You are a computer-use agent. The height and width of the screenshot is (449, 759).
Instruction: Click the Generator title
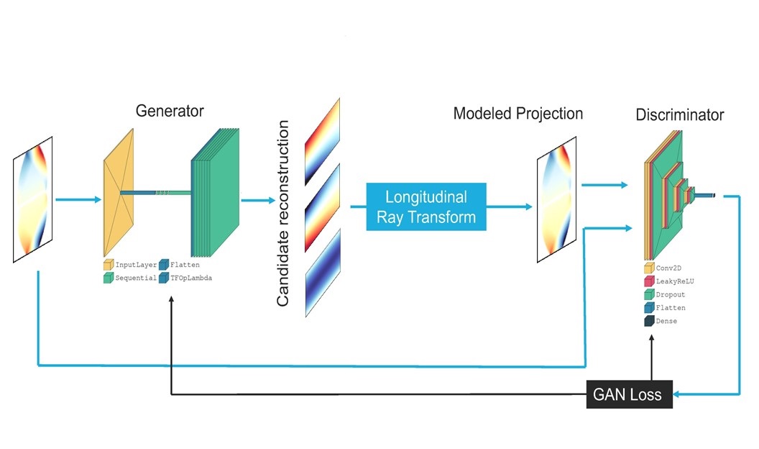point(170,111)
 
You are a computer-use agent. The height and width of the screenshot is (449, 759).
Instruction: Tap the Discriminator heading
point(680,115)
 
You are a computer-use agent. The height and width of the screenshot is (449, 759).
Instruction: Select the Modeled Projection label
point(518,114)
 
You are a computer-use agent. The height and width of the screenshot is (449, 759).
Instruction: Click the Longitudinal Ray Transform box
point(426,207)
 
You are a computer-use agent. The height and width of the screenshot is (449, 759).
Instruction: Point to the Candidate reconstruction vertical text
point(282,213)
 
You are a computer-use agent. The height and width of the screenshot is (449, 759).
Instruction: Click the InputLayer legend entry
point(130,265)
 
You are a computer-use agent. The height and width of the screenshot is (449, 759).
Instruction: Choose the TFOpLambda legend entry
point(185,278)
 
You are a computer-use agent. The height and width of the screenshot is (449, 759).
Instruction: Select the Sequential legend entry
point(129,278)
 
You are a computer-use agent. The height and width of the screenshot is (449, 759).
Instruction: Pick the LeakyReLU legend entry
point(669,281)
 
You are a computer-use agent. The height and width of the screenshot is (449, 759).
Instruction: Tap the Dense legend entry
point(661,321)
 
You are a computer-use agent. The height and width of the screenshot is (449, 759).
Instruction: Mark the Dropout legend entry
point(665,294)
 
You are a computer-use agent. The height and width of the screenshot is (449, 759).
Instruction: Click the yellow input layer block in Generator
point(119,192)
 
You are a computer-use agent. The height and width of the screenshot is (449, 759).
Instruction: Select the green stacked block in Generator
point(216,192)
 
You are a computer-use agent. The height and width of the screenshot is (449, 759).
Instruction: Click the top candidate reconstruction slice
point(323,142)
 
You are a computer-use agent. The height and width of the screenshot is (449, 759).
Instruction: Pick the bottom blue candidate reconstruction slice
point(323,273)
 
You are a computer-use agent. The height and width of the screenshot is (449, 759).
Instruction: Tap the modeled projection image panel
point(556,199)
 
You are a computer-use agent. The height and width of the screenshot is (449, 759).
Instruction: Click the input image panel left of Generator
point(33,199)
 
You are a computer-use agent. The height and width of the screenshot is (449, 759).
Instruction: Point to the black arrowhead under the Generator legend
point(171,300)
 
